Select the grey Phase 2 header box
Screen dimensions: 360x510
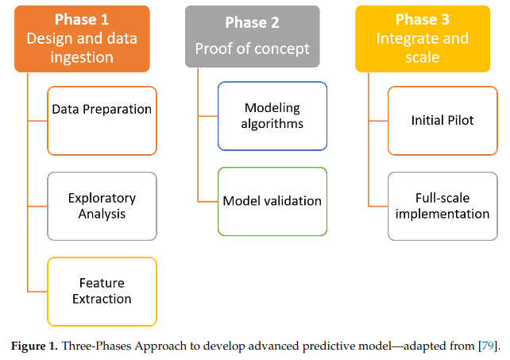[253, 37]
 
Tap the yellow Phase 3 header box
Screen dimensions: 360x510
[422, 37]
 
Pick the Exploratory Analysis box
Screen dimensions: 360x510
[102, 206]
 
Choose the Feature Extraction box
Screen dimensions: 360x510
[102, 291]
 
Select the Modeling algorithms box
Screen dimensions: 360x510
[272, 115]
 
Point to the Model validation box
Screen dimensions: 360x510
[272, 201]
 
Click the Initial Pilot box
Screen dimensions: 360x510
[442, 120]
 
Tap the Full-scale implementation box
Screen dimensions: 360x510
[442, 206]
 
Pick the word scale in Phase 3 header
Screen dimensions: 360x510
[422, 57]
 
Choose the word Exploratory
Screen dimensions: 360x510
[102, 197]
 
